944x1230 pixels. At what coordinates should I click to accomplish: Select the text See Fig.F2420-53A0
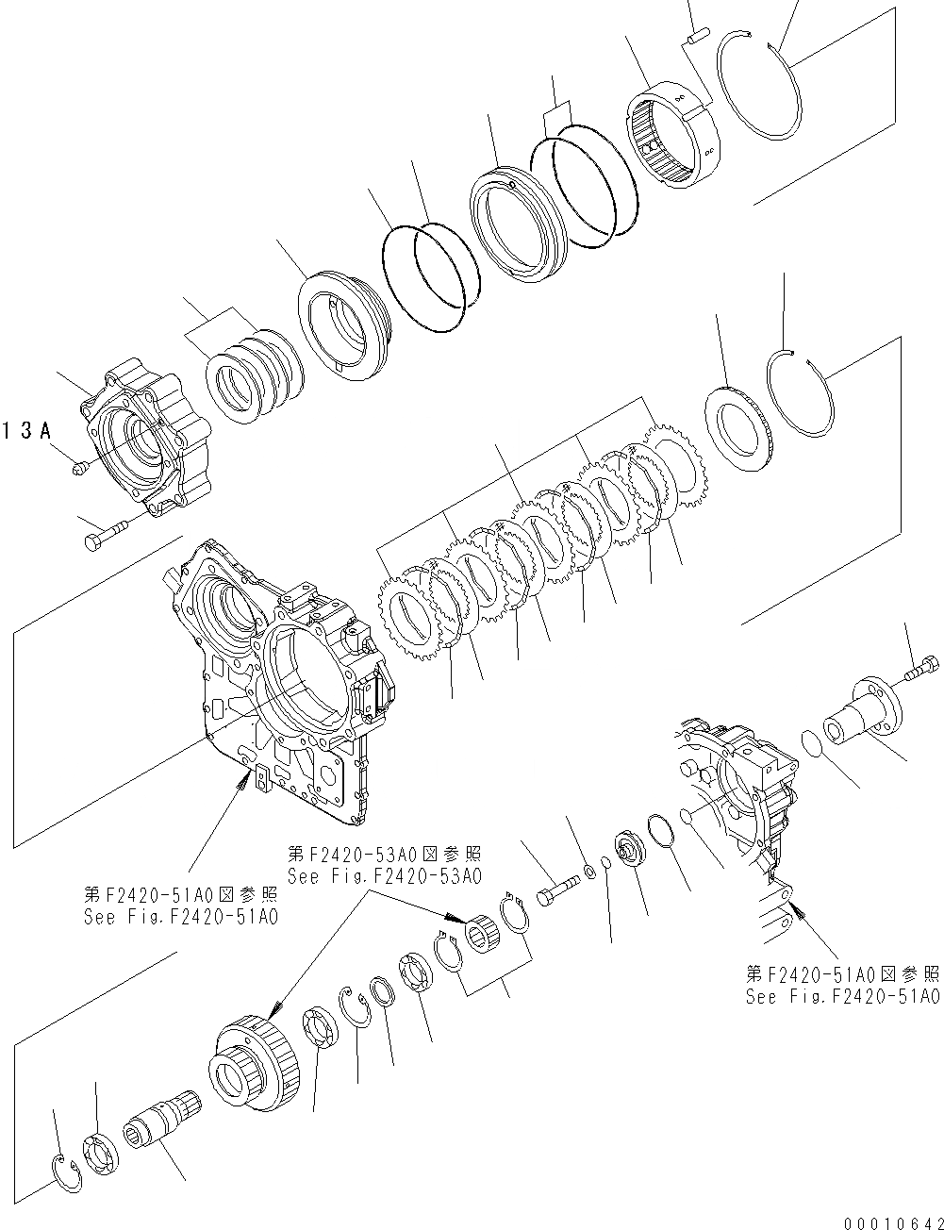point(384,875)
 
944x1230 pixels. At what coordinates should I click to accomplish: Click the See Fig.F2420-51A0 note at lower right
point(842,997)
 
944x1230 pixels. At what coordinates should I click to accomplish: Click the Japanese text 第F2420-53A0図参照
point(384,855)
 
